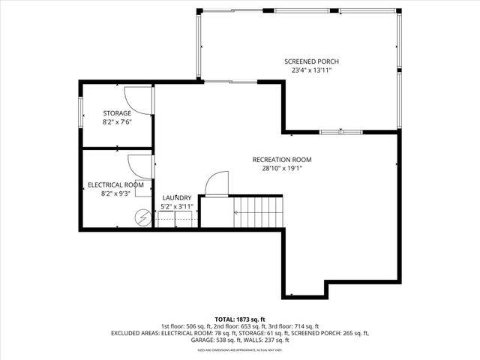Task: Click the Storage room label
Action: [x=116, y=113]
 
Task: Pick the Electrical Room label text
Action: [x=115, y=184]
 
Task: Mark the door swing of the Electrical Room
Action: [x=140, y=166]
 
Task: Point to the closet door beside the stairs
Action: [x=217, y=184]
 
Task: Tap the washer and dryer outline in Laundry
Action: [x=175, y=218]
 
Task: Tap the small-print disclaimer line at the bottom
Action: [x=240, y=349]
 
